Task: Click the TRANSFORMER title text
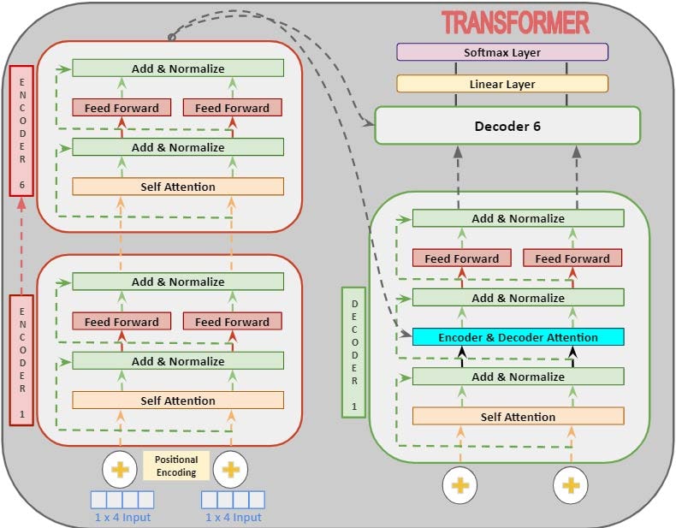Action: click(514, 21)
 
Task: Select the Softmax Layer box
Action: click(502, 52)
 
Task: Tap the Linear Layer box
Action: click(502, 84)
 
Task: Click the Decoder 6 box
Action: click(507, 126)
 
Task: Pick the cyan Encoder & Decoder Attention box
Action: click(518, 337)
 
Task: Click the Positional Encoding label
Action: click(175, 466)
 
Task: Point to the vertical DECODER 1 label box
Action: click(353, 351)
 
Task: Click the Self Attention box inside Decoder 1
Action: click(518, 417)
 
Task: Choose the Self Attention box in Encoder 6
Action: click(178, 187)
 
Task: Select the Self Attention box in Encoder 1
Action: click(178, 400)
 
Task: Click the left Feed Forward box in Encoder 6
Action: click(122, 108)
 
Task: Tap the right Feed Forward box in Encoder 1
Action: click(232, 322)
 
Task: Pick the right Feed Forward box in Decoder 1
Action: click(572, 258)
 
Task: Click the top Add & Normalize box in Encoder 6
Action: click(178, 68)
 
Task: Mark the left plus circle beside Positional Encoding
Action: click(120, 469)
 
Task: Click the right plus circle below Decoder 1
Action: click(570, 485)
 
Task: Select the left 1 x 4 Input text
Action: click(122, 517)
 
